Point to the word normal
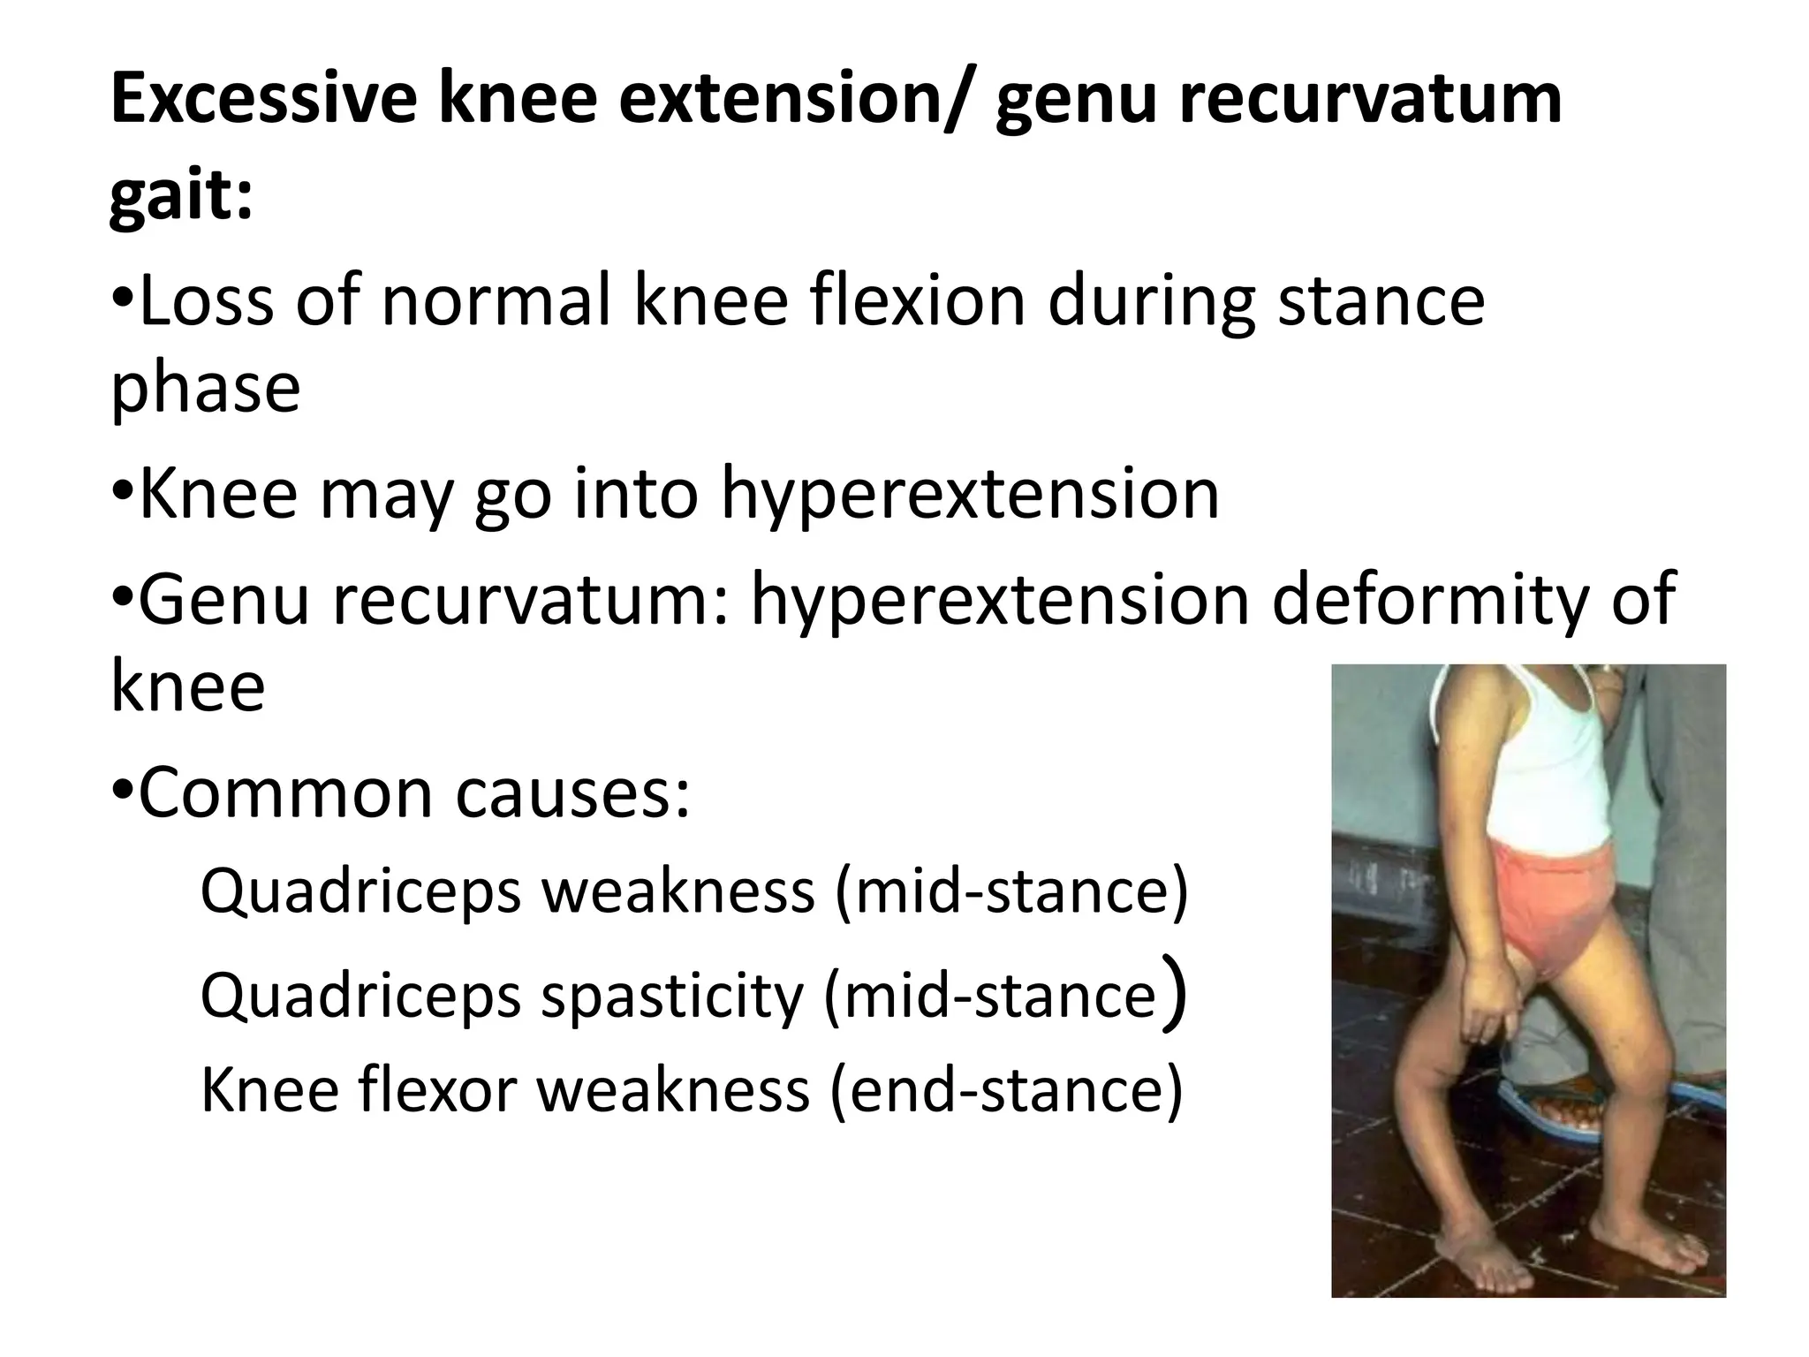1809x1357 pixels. click(x=495, y=301)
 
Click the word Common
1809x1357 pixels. click(x=284, y=792)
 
